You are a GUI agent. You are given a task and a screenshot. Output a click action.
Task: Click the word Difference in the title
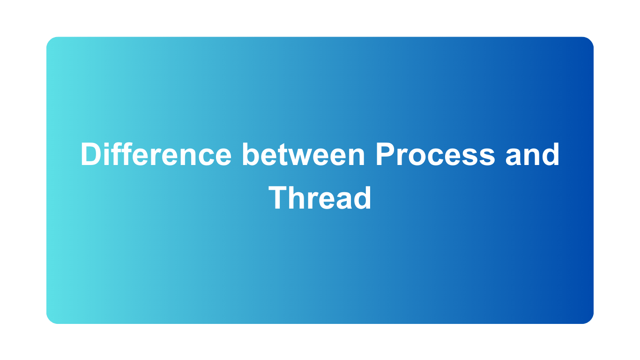(156, 154)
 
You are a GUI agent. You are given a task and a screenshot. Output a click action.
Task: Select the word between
(303, 154)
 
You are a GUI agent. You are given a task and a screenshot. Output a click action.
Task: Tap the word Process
(435, 154)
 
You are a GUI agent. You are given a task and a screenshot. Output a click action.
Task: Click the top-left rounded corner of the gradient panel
(50, 41)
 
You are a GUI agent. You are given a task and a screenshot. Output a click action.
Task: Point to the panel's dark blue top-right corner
(589, 41)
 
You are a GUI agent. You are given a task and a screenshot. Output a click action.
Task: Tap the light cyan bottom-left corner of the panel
(50, 319)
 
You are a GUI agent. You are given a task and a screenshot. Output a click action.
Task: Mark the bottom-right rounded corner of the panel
(589, 319)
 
